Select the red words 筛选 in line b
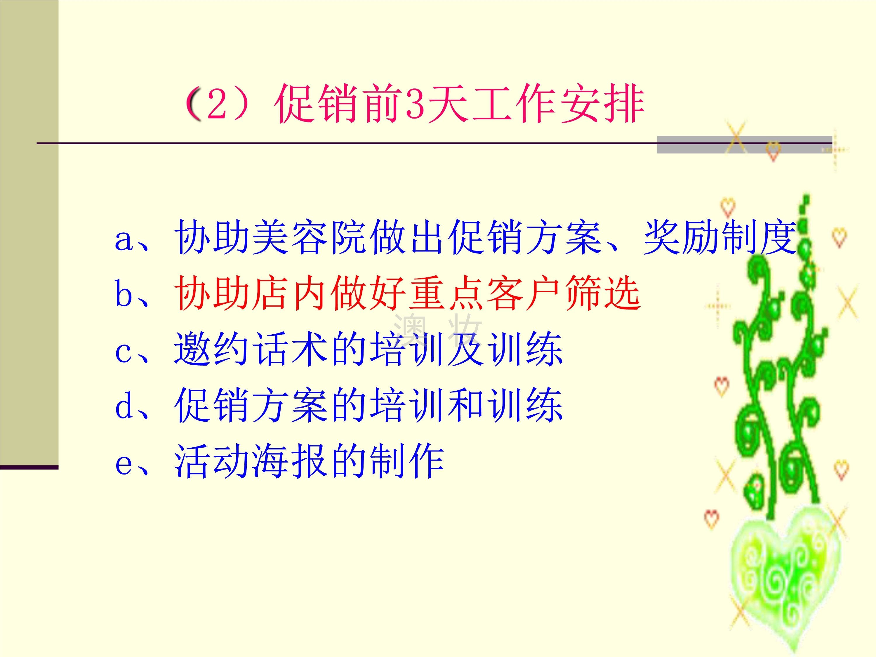pos(603,293)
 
